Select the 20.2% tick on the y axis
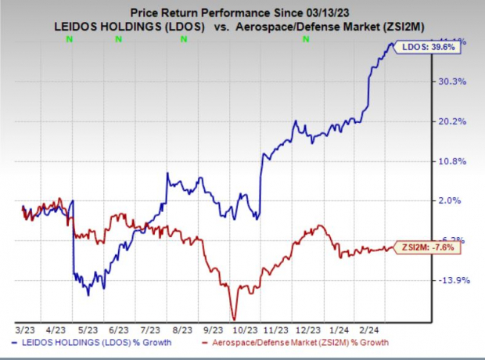click(455, 121)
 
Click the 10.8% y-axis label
click(455, 161)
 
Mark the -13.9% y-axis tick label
click(455, 280)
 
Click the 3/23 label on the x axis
click(23, 331)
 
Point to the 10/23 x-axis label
click(250, 331)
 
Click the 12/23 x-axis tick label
click(314, 331)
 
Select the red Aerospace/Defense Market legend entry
click(296, 343)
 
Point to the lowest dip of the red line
click(233, 317)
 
